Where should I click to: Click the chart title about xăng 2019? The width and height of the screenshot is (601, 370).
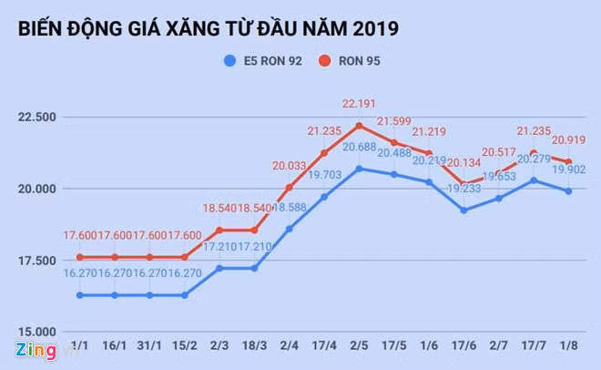point(207,28)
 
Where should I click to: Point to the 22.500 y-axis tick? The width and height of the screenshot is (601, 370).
point(36,117)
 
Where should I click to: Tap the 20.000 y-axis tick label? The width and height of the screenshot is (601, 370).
point(36,189)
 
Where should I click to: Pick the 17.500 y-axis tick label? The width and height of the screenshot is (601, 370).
point(36,261)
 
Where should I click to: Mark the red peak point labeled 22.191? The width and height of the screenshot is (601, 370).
point(360,125)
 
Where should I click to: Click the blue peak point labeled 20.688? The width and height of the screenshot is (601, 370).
point(360,169)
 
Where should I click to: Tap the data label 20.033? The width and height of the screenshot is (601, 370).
point(290,166)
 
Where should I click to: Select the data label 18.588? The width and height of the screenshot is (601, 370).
point(290,208)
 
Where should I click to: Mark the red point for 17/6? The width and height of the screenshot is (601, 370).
point(464,185)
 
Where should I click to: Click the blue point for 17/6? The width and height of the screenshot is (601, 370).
point(464,211)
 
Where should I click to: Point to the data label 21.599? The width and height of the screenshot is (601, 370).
point(394,121)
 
